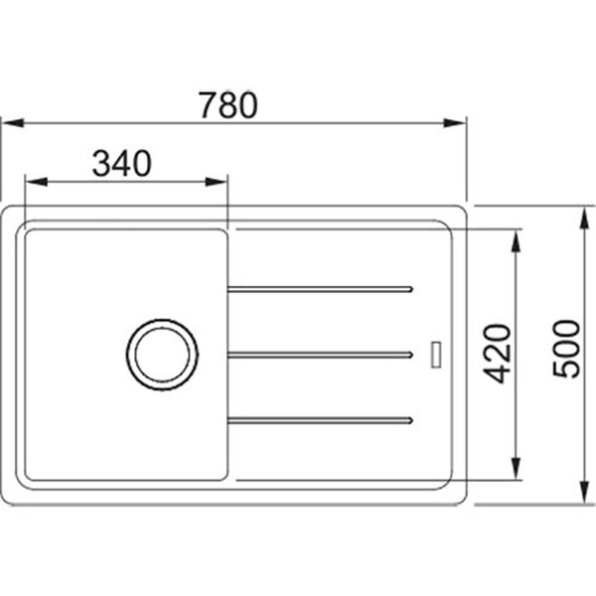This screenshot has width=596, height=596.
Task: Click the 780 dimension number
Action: pyautogui.click(x=228, y=105)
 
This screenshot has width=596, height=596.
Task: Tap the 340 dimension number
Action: pyautogui.click(x=121, y=164)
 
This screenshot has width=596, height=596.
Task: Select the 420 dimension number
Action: pyautogui.click(x=497, y=354)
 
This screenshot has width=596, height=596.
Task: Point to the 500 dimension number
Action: pyautogui.click(x=566, y=349)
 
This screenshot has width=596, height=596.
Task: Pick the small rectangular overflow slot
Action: pyautogui.click(x=436, y=355)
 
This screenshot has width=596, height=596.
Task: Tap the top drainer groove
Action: pyautogui.click(x=320, y=290)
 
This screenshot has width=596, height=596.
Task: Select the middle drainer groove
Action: pyautogui.click(x=320, y=355)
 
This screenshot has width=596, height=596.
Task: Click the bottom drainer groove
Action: pyautogui.click(x=320, y=420)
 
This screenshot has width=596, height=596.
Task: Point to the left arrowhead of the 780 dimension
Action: pyautogui.click(x=13, y=123)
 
